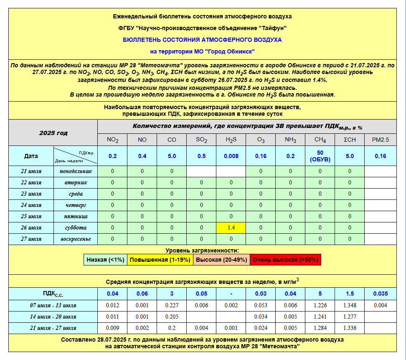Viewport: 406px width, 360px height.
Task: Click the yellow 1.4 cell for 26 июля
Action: tap(231, 228)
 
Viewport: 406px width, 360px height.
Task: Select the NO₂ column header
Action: tap(112, 140)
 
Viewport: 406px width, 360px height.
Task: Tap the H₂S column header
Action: tap(231, 140)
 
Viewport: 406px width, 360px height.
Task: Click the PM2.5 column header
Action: tap(380, 140)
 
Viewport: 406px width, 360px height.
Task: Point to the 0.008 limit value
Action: tap(231, 156)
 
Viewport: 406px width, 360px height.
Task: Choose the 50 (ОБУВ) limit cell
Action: tap(320, 156)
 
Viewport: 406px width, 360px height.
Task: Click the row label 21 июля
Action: tap(31, 171)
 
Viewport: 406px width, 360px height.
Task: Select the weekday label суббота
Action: tap(75, 228)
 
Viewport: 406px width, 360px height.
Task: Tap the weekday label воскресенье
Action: tap(75, 239)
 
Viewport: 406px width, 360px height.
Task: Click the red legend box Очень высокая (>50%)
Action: tap(285, 260)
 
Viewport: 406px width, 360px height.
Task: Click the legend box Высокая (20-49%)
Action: tap(221, 260)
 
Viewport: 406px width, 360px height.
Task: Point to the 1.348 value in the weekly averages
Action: tap(350, 305)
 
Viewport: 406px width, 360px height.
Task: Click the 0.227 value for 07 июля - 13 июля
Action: tap(172, 305)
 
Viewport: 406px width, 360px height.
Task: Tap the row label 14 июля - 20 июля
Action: tap(53, 317)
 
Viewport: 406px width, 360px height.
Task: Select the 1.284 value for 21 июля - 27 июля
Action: tap(320, 328)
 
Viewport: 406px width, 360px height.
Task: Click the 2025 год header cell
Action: tap(53, 133)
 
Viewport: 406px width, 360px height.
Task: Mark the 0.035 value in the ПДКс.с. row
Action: tap(380, 294)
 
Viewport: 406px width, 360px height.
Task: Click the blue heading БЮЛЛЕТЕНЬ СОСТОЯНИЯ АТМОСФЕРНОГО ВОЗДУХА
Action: tap(202, 40)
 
